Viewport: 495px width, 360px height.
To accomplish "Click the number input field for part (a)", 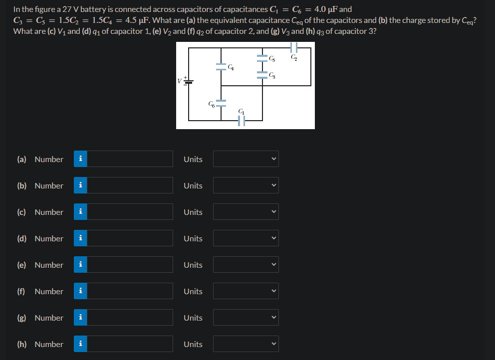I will click(x=130, y=159).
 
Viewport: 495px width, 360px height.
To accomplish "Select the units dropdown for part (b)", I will click(x=246, y=185).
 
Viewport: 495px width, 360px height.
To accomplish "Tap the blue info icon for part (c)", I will click(x=80, y=212).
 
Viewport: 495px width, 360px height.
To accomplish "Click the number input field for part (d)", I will click(x=130, y=238).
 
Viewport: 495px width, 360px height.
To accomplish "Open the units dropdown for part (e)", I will click(x=246, y=265).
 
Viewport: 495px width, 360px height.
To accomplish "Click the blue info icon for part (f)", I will click(x=80, y=291).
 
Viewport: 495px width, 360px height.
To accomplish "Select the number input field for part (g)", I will click(x=130, y=318).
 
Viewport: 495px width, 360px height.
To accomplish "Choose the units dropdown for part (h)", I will click(x=246, y=344).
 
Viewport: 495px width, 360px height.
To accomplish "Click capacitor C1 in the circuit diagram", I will click(x=242, y=120).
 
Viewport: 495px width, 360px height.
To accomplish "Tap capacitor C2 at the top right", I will click(x=294, y=48).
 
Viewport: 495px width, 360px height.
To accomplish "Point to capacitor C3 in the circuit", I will click(x=262, y=75).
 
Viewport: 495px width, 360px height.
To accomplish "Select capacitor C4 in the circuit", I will click(x=221, y=66).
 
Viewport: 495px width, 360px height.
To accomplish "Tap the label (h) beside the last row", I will click(x=22, y=344).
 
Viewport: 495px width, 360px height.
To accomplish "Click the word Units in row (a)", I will click(x=193, y=159).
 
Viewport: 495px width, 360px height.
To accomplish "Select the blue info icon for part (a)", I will click(x=80, y=159).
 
